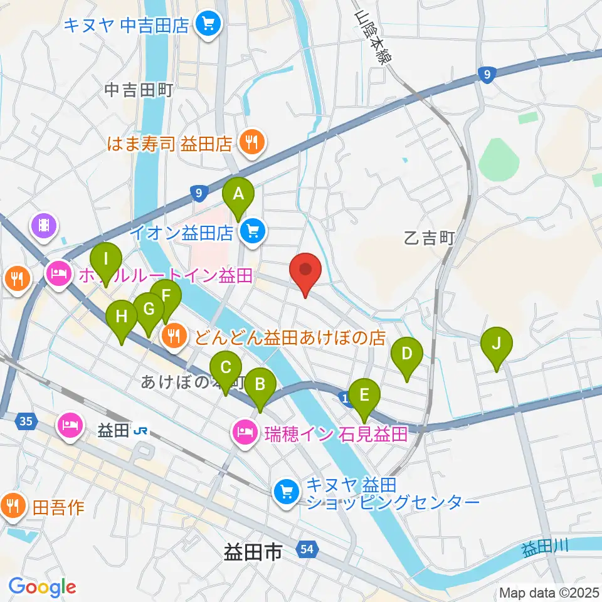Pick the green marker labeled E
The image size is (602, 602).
(x=364, y=396)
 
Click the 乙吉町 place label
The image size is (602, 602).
(x=428, y=238)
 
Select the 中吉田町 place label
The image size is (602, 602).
(x=137, y=90)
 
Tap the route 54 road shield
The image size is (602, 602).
(x=305, y=550)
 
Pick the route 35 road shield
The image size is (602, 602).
(x=25, y=421)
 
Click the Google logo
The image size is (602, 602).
(x=43, y=587)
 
